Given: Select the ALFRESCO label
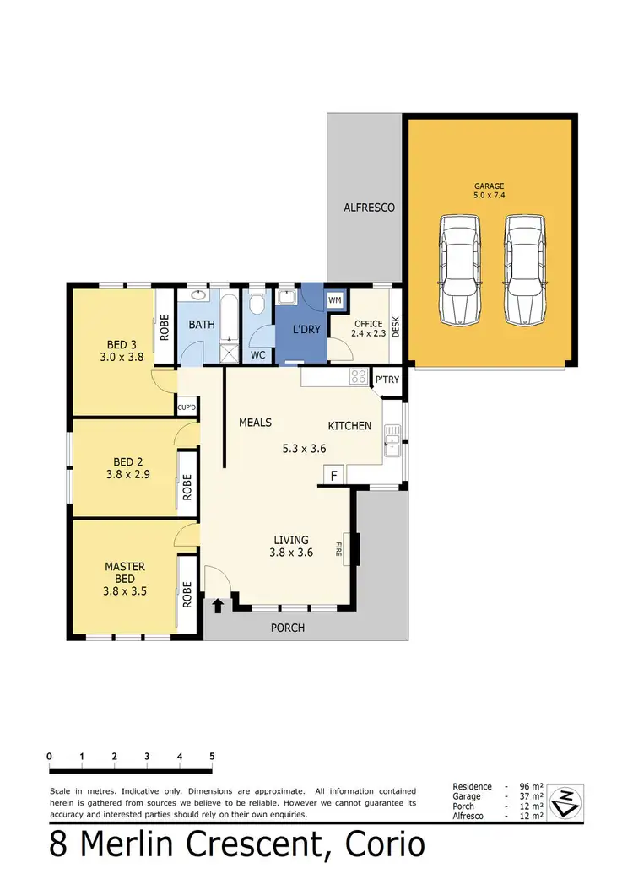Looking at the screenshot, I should (x=369, y=207).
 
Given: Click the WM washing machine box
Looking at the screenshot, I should (x=334, y=300).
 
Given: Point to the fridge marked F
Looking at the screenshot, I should (x=334, y=477).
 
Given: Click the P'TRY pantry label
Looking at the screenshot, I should (x=387, y=380).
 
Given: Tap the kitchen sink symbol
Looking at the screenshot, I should (x=392, y=440).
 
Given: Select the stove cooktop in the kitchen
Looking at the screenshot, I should (x=359, y=378).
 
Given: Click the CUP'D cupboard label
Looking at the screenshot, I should (x=187, y=409).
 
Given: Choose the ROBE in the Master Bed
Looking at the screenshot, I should (x=187, y=595).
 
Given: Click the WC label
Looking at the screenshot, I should (x=258, y=355).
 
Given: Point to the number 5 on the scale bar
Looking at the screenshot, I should (x=212, y=755).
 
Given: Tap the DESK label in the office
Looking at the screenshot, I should (x=395, y=326).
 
